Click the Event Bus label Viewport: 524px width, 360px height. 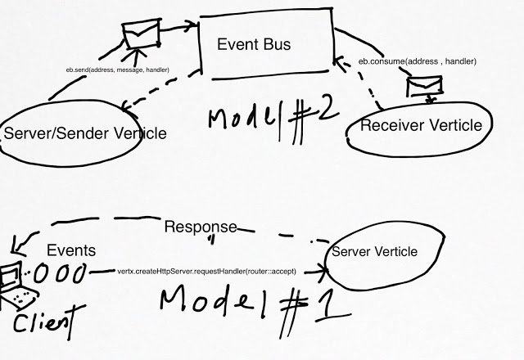pyautogui.click(x=254, y=44)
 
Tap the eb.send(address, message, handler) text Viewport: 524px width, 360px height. pyautogui.click(x=118, y=70)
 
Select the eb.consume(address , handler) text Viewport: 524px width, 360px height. pyautogui.click(x=417, y=61)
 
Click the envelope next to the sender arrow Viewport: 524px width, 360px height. pyautogui.click(x=142, y=34)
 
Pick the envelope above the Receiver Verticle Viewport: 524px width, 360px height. pyautogui.click(x=424, y=86)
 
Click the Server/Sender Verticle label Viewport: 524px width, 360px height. pyautogui.click(x=85, y=133)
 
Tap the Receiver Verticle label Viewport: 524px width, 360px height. pyautogui.click(x=421, y=125)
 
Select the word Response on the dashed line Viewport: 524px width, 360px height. pyautogui.click(x=201, y=227)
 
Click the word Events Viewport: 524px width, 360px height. pyautogui.click(x=71, y=250)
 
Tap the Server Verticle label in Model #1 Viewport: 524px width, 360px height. pyautogui.click(x=374, y=251)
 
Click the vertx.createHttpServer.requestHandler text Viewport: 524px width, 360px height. pyautogui.click(x=206, y=271)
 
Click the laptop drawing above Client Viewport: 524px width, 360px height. pyautogui.click(x=16, y=286)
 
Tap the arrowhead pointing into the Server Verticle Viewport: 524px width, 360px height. pyautogui.click(x=323, y=271)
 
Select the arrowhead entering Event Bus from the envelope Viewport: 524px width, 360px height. pyautogui.click(x=193, y=25)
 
